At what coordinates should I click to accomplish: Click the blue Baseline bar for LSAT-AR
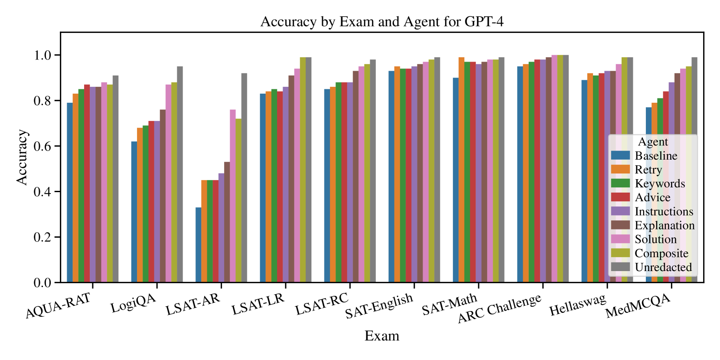[198, 245]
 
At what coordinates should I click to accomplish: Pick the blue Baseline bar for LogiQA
[134, 212]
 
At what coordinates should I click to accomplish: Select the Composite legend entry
[661, 253]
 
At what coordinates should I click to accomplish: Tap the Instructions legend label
[664, 212]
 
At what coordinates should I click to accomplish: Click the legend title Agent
[652, 142]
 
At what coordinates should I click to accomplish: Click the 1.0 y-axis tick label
[42, 56]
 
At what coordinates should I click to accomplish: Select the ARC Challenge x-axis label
[499, 308]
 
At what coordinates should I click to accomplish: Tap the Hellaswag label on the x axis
[577, 305]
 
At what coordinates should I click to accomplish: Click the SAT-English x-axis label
[379, 306]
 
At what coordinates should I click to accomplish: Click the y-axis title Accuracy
[22, 157]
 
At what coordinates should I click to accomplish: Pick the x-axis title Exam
[381, 336]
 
